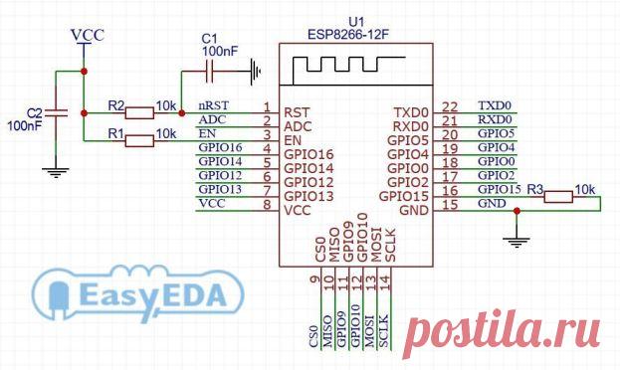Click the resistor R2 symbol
coord(139,113)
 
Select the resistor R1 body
coord(139,140)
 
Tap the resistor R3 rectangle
coord(558,197)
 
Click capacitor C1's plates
coord(210,72)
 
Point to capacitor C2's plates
coord(56,113)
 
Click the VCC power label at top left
coord(87,35)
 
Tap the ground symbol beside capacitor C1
coord(256,72)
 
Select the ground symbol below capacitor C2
coord(56,173)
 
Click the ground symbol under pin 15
coord(517,242)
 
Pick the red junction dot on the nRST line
coord(181,113)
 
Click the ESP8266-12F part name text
coord(348,35)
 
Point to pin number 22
coord(450,107)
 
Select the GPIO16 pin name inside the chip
coord(309,154)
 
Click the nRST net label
coord(213,105)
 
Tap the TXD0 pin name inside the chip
coord(411,112)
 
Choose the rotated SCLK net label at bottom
coord(384,331)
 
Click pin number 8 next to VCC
coord(268,205)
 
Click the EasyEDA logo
coord(137,293)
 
